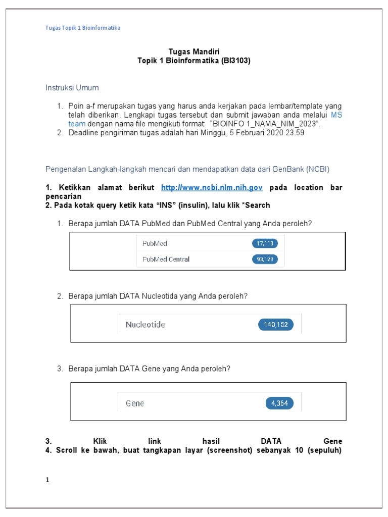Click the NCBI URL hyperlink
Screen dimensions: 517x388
(x=212, y=187)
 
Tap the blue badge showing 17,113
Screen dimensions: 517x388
(x=265, y=244)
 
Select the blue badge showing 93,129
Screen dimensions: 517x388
(x=265, y=260)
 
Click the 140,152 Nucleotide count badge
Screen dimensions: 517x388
(x=275, y=325)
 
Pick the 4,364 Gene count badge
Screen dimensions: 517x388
(x=279, y=403)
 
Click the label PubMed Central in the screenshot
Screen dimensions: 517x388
(x=166, y=260)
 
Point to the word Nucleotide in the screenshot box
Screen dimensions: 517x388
(x=145, y=325)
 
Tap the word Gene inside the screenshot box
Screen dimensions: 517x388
(x=134, y=403)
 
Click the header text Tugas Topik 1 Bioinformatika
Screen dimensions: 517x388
(x=83, y=28)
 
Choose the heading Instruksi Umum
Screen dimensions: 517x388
(x=72, y=88)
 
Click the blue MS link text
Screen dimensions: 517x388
(x=336, y=115)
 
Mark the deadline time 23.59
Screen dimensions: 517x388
(x=295, y=133)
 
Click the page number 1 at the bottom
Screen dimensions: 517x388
(x=47, y=480)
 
